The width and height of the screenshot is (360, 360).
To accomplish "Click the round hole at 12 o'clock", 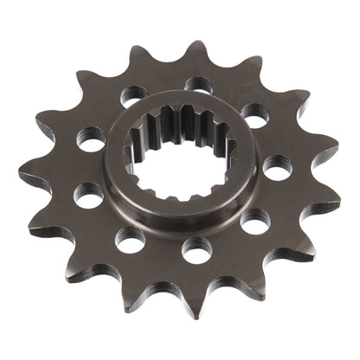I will pyautogui.click(x=193, y=85).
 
